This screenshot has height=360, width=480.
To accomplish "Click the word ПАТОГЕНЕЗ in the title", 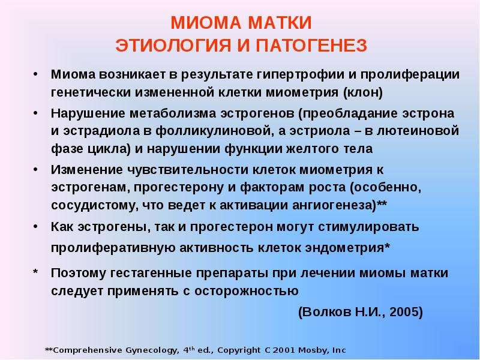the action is point(311,46).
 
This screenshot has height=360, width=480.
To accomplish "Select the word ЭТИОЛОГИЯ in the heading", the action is point(173,46).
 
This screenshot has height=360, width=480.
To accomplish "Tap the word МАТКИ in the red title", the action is point(280,23).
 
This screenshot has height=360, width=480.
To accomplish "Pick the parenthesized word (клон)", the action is point(363,92).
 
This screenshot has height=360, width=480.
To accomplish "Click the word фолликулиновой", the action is point(214,131).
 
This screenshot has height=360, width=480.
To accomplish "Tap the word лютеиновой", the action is point(418,131).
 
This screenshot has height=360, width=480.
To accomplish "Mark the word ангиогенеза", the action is point(334,205).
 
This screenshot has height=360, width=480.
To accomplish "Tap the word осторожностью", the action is point(247,291).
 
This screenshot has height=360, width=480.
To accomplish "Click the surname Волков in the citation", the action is point(326,311).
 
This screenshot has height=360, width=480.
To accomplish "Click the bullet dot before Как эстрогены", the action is point(36,227).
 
